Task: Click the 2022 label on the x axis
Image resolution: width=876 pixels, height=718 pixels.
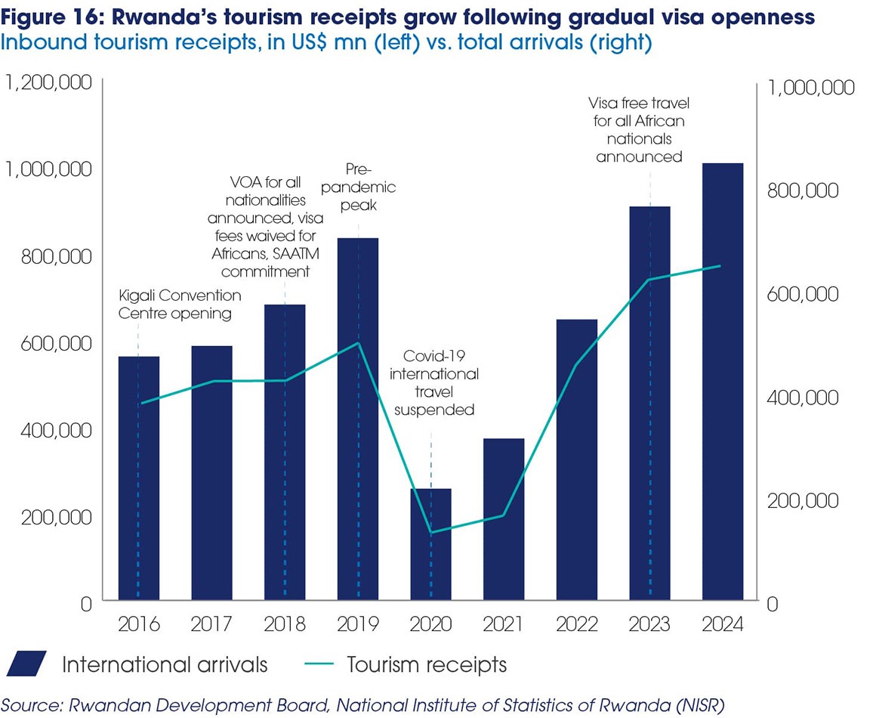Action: point(576,625)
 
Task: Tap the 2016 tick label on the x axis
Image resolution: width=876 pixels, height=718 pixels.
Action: point(138,625)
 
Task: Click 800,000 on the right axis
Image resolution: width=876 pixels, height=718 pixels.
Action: point(801,190)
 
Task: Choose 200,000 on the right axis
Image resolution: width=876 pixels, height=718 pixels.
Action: point(801,501)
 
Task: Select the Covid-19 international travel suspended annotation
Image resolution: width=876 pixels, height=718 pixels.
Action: point(441,382)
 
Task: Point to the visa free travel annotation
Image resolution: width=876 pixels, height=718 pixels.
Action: point(639,129)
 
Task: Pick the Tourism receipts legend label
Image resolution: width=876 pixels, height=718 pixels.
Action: point(427,665)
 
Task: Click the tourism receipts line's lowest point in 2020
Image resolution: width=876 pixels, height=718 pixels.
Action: point(430,532)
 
